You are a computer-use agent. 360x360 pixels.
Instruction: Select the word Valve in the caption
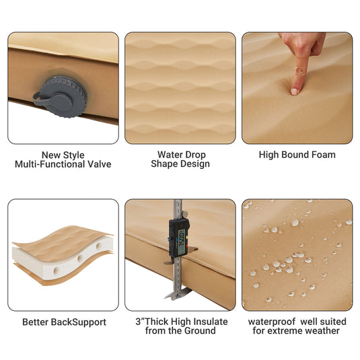[98, 164]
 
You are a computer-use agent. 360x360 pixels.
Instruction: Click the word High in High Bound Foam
[271, 154]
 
